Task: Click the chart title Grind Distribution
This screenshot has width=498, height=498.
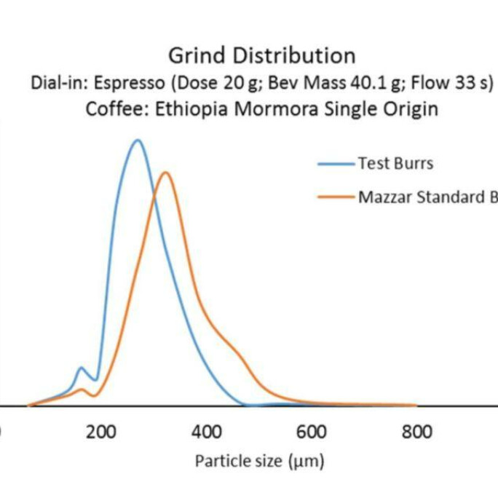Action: pos(261,55)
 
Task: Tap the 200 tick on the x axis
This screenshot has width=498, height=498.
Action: pos(100,432)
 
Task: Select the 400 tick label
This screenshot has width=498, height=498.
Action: pos(206,432)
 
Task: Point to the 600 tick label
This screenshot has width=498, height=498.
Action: pos(312,432)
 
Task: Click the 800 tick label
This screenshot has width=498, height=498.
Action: pos(416,432)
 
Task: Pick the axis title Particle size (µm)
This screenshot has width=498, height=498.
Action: pos(259,461)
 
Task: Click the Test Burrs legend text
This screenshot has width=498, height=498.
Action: pos(395,163)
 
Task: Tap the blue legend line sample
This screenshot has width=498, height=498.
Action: pos(336,164)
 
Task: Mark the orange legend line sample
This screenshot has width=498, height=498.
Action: pos(336,197)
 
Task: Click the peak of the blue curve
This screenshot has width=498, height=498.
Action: pos(136,140)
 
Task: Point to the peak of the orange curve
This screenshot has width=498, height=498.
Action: pos(166,173)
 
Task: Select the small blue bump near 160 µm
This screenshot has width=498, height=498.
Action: pos(82,368)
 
